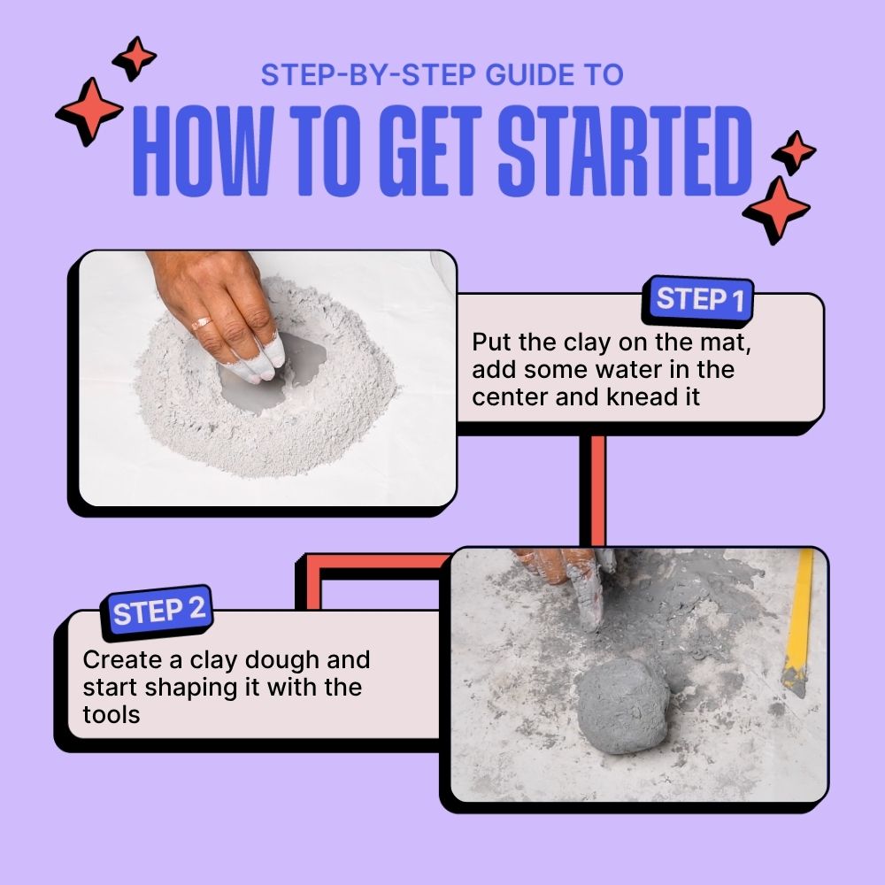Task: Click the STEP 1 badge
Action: tap(699, 300)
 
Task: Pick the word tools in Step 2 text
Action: tap(112, 714)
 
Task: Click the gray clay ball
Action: tap(622, 704)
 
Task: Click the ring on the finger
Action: tap(203, 323)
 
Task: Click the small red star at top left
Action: tap(135, 58)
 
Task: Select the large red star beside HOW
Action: tap(89, 111)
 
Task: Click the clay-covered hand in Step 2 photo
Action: tap(566, 575)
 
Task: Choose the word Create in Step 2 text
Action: tap(122, 660)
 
